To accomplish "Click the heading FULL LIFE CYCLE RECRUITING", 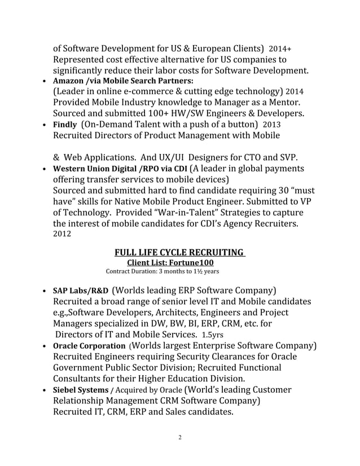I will point(179,252).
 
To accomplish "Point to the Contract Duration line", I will point(163,271).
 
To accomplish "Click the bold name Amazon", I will point(67,81).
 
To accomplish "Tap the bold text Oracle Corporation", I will point(89,346).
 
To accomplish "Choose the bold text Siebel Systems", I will point(81,390).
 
